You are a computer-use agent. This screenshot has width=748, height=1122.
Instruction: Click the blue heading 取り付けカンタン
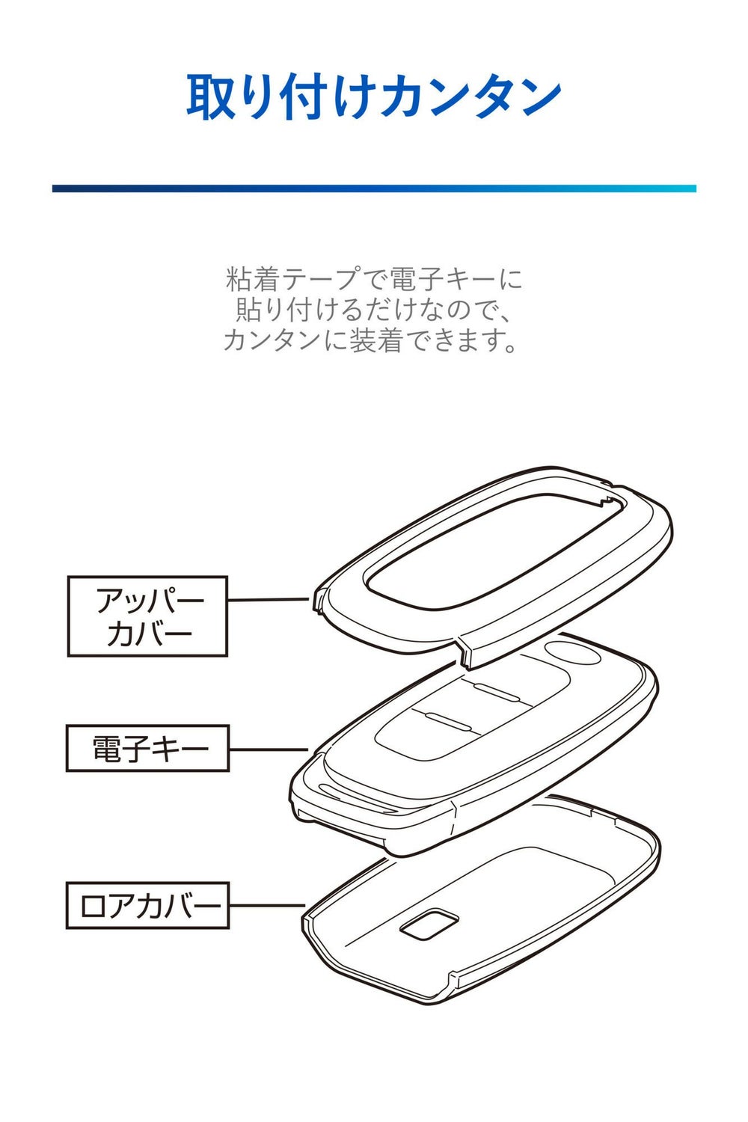pyautogui.click(x=373, y=96)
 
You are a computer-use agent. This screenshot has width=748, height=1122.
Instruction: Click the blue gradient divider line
pyautogui.click(x=373, y=188)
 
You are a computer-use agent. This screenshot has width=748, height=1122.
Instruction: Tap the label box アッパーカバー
pyautogui.click(x=147, y=616)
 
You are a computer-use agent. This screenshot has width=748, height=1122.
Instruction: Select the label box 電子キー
pyautogui.click(x=147, y=747)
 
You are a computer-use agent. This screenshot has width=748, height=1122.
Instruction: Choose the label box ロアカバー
pyautogui.click(x=147, y=905)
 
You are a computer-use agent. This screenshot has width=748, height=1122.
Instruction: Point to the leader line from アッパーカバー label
pyautogui.click(x=268, y=599)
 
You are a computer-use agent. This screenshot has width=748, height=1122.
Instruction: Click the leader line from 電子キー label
pyautogui.click(x=268, y=749)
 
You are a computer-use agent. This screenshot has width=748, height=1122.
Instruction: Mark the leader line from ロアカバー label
pyautogui.click(x=266, y=906)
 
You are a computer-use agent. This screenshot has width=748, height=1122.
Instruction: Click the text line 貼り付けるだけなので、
pyautogui.click(x=373, y=310)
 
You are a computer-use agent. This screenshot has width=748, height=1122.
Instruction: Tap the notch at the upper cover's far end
pyautogui.click(x=607, y=498)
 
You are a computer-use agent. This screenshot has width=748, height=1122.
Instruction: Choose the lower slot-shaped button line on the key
pyautogui.click(x=448, y=720)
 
